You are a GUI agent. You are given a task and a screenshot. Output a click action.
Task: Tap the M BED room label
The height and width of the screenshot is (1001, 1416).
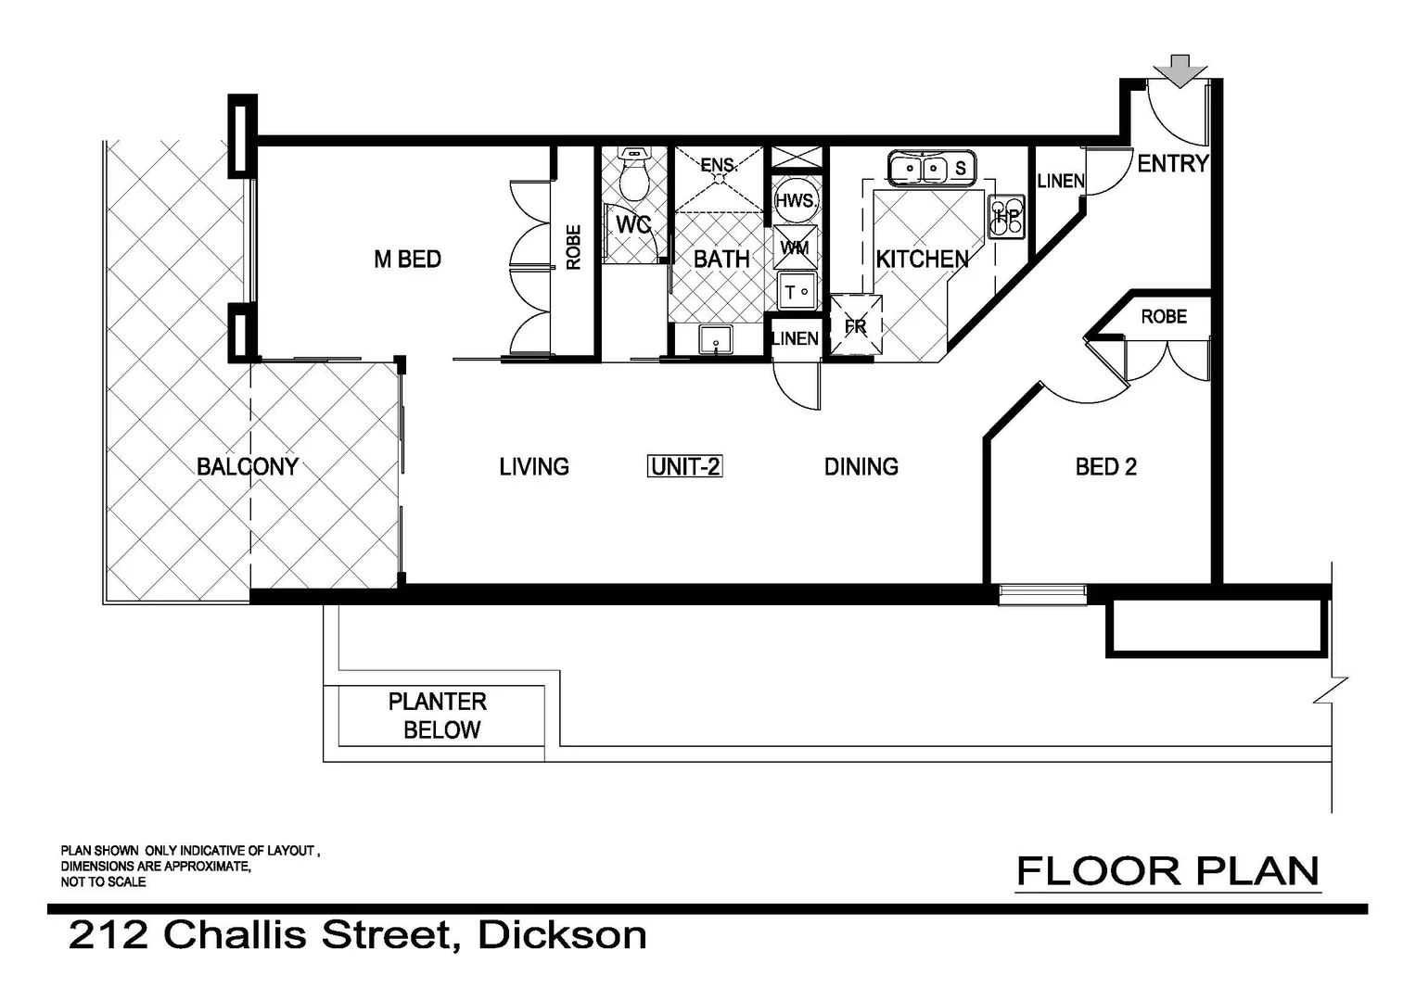(x=407, y=260)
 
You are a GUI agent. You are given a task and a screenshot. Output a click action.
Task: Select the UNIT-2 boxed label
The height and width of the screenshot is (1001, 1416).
(x=685, y=466)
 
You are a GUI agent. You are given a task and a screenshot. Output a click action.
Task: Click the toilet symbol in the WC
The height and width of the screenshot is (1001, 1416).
(x=635, y=175)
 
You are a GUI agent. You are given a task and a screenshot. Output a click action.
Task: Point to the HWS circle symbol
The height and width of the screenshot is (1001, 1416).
(x=795, y=201)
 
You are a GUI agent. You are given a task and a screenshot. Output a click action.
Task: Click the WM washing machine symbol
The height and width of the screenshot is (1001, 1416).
(x=795, y=247)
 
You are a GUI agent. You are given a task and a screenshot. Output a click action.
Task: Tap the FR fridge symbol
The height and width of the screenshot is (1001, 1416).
(x=855, y=326)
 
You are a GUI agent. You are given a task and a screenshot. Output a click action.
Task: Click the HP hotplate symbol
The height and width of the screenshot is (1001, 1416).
(x=1006, y=217)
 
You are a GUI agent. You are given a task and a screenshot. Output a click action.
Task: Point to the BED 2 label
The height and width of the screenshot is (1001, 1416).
(x=1105, y=467)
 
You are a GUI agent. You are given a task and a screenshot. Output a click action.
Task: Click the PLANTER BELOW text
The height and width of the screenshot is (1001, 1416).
(x=439, y=716)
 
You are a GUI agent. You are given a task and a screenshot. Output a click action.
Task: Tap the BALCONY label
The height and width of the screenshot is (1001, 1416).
(x=248, y=466)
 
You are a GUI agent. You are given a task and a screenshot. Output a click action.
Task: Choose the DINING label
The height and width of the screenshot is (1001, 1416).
(x=861, y=466)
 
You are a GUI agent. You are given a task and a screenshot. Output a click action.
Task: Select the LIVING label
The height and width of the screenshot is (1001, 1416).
(x=534, y=466)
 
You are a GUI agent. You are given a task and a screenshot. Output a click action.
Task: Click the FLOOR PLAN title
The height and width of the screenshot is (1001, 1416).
(x=1167, y=872)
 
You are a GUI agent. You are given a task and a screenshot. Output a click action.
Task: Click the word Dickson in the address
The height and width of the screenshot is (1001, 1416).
(x=562, y=935)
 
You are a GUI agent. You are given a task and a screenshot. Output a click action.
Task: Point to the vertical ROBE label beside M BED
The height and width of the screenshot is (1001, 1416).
(x=573, y=247)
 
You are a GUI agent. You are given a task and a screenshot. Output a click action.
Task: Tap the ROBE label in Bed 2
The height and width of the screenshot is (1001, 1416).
(x=1164, y=317)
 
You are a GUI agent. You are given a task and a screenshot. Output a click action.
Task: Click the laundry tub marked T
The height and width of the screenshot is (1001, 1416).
(x=796, y=291)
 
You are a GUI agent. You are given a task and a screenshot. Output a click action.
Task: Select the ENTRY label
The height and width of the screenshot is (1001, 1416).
(x=1173, y=164)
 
